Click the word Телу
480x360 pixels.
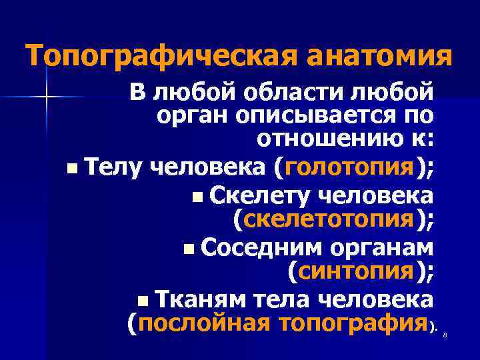tap(113, 167)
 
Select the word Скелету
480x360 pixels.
tap(261, 195)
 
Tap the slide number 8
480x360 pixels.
tap(444, 335)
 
